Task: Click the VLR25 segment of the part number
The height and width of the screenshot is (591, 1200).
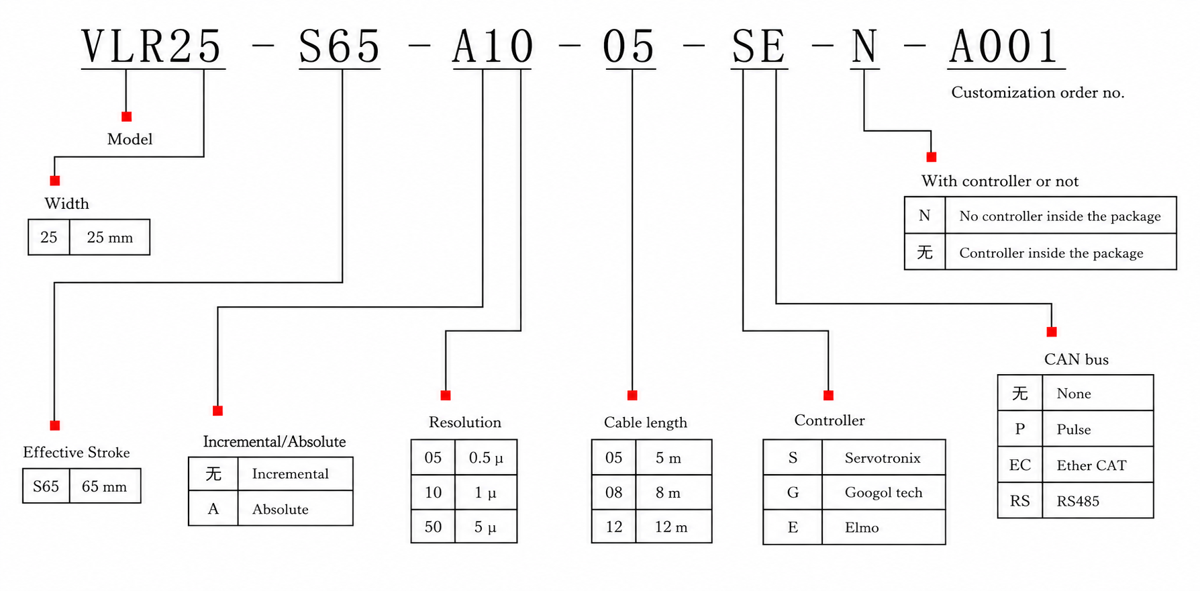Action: [152, 47]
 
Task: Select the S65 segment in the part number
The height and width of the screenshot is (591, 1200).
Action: [340, 47]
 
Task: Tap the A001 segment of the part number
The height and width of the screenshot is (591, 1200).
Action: [1005, 47]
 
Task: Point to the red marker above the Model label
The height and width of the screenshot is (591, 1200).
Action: [126, 117]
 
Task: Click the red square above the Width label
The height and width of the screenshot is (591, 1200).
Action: [55, 181]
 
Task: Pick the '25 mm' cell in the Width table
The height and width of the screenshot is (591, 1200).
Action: [110, 237]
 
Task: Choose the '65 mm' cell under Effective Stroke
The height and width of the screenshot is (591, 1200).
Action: [104, 486]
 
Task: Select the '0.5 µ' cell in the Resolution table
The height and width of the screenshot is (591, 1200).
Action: [486, 457]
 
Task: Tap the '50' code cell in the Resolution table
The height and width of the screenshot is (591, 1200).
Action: [433, 527]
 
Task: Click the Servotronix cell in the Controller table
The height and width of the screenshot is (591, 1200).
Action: [883, 457]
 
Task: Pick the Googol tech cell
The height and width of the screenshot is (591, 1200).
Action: [883, 492]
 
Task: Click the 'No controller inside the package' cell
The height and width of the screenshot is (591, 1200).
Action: [1060, 216]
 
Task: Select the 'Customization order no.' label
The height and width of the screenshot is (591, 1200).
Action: [1038, 93]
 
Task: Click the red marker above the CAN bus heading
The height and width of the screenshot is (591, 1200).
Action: [1052, 332]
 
